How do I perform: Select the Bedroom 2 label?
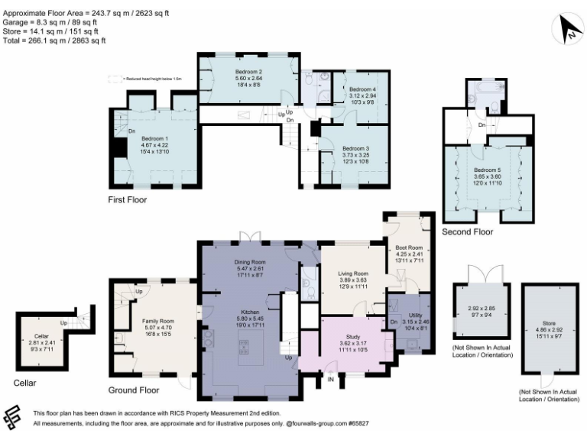(x=248, y=71)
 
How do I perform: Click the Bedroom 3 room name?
(x=355, y=148)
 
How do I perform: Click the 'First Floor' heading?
(x=127, y=200)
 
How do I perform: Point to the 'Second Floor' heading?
(x=468, y=231)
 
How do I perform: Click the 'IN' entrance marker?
(x=331, y=380)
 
